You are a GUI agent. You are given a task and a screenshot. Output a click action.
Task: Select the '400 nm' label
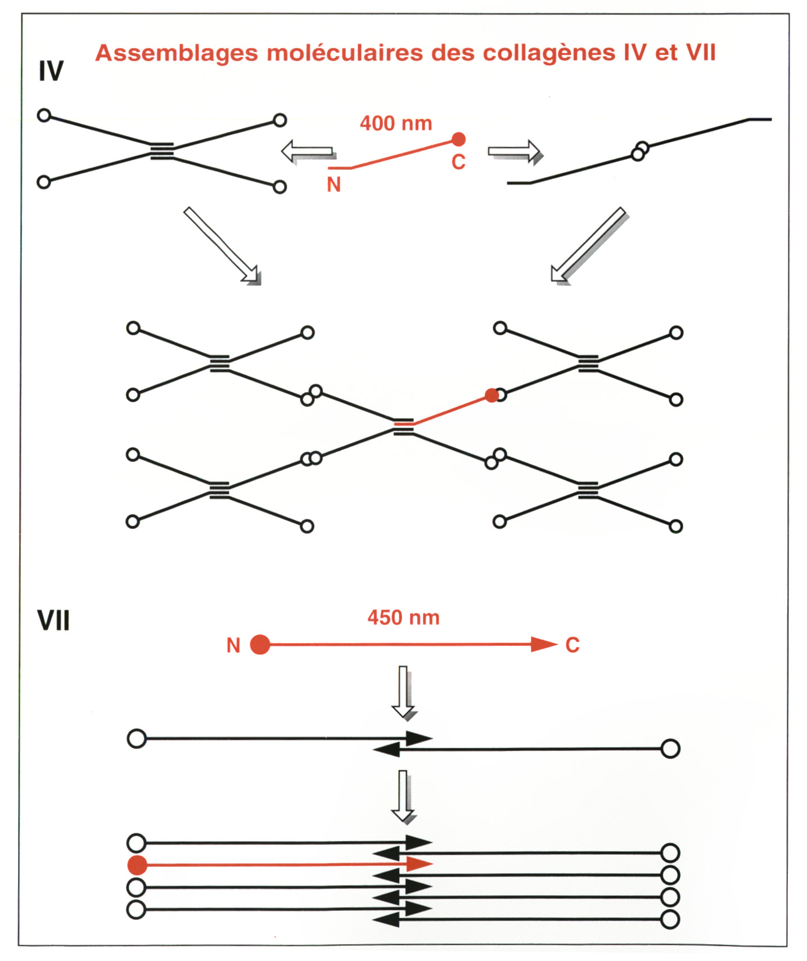(396, 123)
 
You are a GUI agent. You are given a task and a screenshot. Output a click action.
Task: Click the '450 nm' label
(403, 618)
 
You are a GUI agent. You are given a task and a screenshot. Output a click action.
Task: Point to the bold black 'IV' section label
(51, 71)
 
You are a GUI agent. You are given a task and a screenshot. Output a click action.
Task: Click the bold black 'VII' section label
(53, 621)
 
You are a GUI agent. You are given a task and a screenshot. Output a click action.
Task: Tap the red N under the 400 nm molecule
(333, 185)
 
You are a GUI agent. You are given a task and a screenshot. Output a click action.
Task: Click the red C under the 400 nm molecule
(458, 162)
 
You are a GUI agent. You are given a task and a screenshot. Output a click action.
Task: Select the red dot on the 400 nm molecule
(459, 139)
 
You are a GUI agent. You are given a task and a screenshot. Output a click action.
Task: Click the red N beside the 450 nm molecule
(233, 645)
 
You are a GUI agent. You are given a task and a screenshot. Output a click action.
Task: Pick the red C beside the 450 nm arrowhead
(572, 645)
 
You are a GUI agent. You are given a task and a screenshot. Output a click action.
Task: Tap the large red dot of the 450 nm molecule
(260, 644)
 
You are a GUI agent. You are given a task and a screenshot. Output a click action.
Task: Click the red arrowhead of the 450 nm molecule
(544, 644)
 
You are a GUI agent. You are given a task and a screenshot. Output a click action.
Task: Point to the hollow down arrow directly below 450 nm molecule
(403, 692)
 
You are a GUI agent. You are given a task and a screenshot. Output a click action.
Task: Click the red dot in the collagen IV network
(492, 396)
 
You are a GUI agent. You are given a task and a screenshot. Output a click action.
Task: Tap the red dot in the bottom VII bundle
(137, 865)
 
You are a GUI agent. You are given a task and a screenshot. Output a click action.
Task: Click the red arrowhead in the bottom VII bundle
(419, 864)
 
